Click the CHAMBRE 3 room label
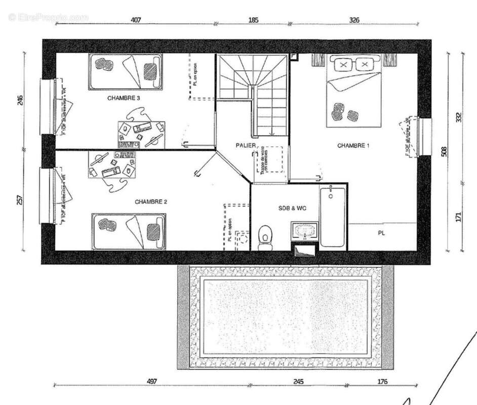124,98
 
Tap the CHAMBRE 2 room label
151,201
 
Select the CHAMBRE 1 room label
353,146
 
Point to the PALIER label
246,145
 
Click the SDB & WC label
292,208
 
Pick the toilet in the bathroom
265,237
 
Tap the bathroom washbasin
304,231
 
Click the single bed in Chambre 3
126,71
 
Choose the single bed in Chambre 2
129,231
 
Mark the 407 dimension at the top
135,20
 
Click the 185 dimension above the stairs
253,20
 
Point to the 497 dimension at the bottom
152,381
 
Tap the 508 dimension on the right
444,152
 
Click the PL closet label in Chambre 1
381,233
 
